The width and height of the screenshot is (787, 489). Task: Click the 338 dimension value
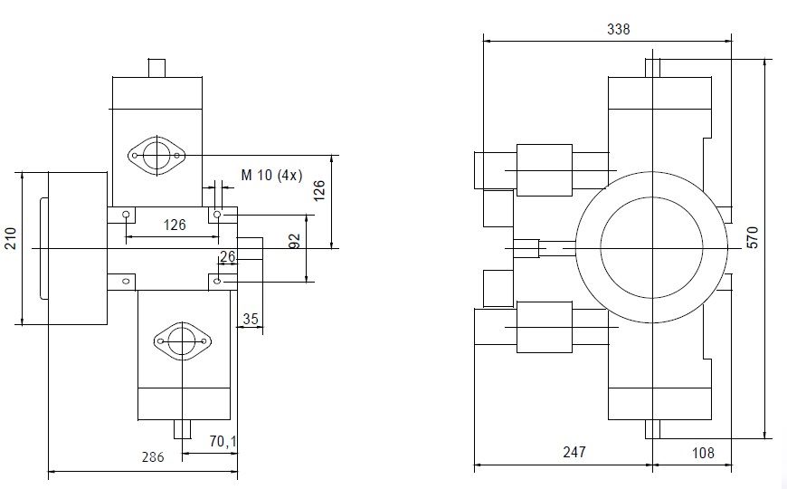click(619, 29)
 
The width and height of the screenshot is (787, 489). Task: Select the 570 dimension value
click(753, 237)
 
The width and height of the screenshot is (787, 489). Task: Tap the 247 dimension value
click(574, 452)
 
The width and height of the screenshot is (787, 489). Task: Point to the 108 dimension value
click(703, 453)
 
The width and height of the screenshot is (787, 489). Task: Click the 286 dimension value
click(153, 456)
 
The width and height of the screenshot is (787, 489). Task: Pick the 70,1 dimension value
click(223, 442)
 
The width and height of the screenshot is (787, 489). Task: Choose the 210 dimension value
click(11, 238)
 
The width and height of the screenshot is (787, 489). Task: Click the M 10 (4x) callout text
click(271, 175)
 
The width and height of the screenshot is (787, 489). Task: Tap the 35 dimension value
click(251, 319)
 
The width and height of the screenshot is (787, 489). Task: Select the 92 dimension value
click(295, 241)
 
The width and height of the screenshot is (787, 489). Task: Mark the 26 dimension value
click(227, 256)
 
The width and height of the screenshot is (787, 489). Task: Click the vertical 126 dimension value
click(319, 190)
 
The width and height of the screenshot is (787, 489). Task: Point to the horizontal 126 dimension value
click(175, 225)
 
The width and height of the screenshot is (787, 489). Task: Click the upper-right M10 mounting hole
click(217, 215)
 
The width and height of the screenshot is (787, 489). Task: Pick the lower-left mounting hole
click(126, 281)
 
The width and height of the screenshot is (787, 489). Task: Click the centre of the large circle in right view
click(652, 248)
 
